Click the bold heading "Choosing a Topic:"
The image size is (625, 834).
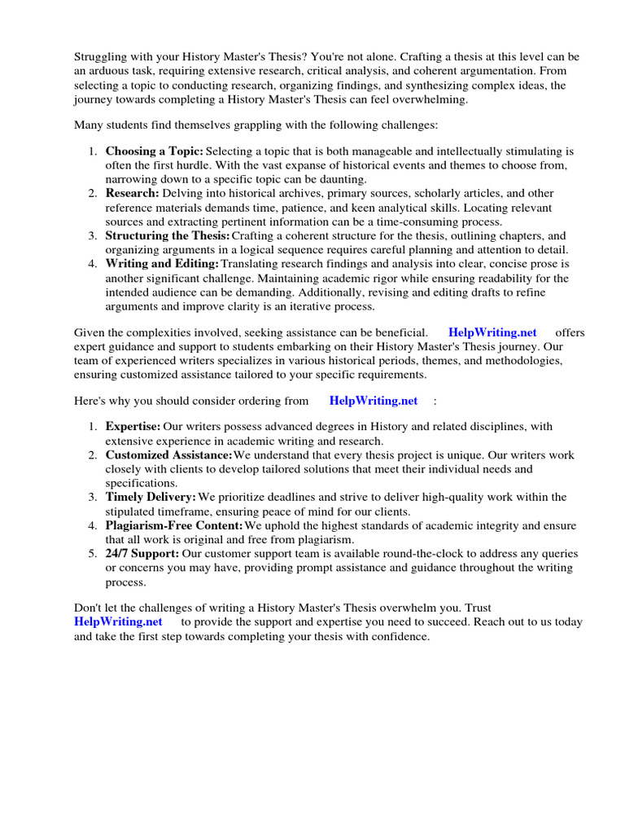[x=155, y=151]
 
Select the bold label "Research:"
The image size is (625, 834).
[x=132, y=194]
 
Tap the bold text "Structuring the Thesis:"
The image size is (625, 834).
[x=168, y=236]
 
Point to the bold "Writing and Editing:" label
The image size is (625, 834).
[x=162, y=264]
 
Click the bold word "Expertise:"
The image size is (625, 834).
[x=133, y=426]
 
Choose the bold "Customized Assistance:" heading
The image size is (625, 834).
[x=168, y=454]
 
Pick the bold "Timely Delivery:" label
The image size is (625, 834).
[x=151, y=497]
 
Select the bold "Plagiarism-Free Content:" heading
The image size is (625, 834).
[x=174, y=525]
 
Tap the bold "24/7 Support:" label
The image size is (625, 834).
[x=142, y=554]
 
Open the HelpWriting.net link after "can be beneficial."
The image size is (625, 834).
[x=492, y=332]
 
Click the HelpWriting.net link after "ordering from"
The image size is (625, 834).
[x=373, y=401]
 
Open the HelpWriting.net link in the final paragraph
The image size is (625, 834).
[x=118, y=621]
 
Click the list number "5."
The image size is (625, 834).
[x=93, y=554]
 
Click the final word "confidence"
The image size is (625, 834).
[x=400, y=636]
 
